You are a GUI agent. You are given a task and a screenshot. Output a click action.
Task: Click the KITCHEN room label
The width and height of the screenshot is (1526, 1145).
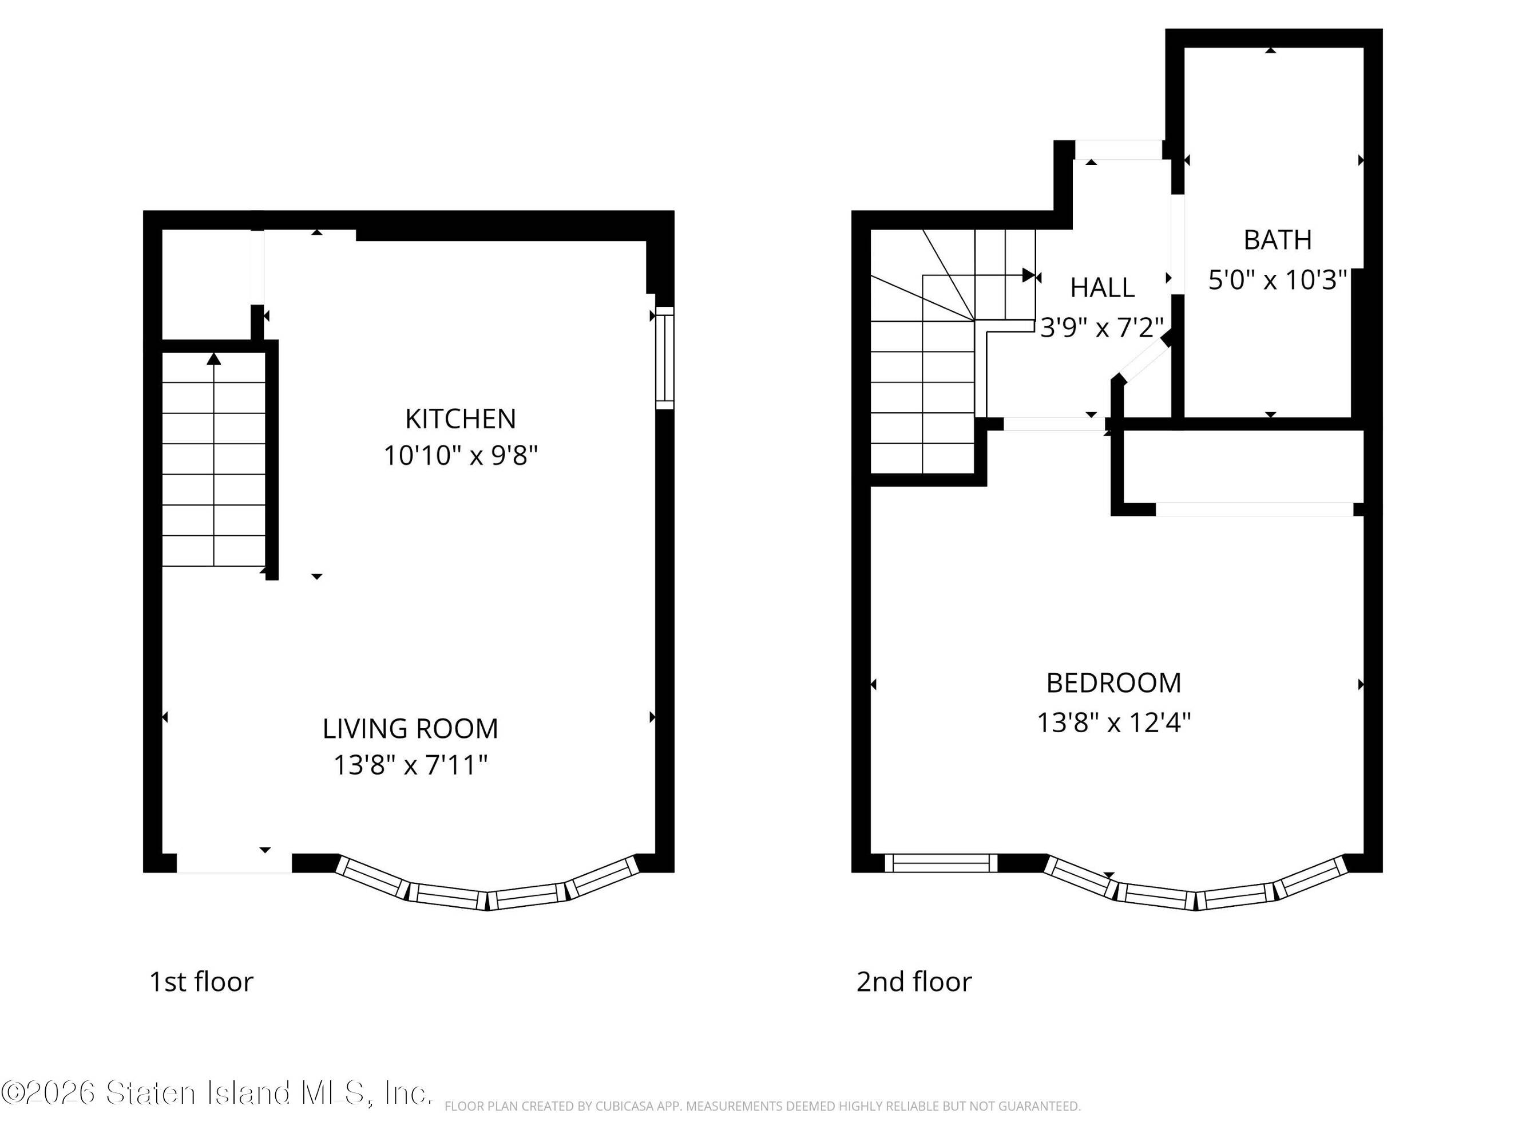(x=460, y=419)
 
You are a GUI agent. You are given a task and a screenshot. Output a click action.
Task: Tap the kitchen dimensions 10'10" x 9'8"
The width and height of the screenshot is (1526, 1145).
(x=460, y=456)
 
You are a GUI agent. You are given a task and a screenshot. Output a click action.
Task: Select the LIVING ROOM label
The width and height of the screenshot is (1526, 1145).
(x=410, y=729)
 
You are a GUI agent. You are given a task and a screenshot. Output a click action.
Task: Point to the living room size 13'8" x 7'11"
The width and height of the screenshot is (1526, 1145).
(x=410, y=765)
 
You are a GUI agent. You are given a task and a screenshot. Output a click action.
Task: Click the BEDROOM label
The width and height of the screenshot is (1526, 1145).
(x=1113, y=683)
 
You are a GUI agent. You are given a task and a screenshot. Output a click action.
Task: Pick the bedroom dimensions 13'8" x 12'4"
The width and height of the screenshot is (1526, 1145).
(x=1113, y=722)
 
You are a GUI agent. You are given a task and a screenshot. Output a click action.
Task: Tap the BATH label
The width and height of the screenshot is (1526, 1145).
(x=1278, y=240)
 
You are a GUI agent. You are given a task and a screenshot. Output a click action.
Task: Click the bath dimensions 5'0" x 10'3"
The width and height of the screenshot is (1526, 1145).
(x=1278, y=279)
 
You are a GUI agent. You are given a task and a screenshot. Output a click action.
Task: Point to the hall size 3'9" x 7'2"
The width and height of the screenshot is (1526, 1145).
(x=1101, y=327)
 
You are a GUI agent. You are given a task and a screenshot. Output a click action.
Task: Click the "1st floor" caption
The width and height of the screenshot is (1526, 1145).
(x=201, y=982)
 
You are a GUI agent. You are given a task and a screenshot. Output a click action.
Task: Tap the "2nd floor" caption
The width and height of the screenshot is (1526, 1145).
(x=914, y=982)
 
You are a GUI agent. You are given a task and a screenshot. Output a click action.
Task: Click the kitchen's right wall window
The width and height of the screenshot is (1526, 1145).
(x=664, y=358)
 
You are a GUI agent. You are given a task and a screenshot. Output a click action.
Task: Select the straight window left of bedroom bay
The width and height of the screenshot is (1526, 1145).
(x=941, y=863)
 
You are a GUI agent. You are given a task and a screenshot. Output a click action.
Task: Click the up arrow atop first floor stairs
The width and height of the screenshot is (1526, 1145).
(x=214, y=359)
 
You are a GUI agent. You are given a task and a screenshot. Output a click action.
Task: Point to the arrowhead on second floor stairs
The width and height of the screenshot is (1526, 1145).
(x=1029, y=275)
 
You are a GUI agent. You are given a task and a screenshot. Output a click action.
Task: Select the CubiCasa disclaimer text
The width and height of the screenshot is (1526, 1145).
(x=762, y=1106)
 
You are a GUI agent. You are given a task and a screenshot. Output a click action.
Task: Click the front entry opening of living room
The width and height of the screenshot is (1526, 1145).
(x=235, y=863)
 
